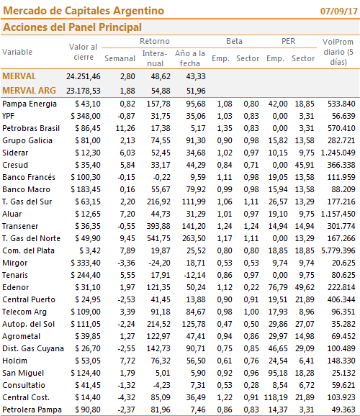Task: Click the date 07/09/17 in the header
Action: (x=339, y=11)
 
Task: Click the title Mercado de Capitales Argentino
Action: (x=84, y=11)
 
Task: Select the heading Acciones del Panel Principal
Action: (x=72, y=27)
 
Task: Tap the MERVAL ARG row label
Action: (x=29, y=91)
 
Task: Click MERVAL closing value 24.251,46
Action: (x=84, y=76)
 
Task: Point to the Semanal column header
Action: (x=120, y=58)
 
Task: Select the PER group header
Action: (x=288, y=41)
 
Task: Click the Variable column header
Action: (x=17, y=52)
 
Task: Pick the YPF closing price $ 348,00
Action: (x=86, y=116)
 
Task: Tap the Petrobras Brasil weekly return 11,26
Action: (x=125, y=128)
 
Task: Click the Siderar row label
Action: (x=15, y=153)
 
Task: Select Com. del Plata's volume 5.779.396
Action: (x=338, y=250)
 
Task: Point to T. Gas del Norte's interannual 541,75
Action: (x=158, y=238)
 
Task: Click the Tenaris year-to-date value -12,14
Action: (x=194, y=275)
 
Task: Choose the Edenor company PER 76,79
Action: (x=278, y=287)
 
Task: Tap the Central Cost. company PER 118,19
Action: (x=276, y=397)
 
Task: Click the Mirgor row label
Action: (x=15, y=263)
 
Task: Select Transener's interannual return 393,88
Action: (x=158, y=226)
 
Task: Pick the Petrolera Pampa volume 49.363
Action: (x=343, y=410)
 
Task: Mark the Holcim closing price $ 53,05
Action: (x=88, y=361)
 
